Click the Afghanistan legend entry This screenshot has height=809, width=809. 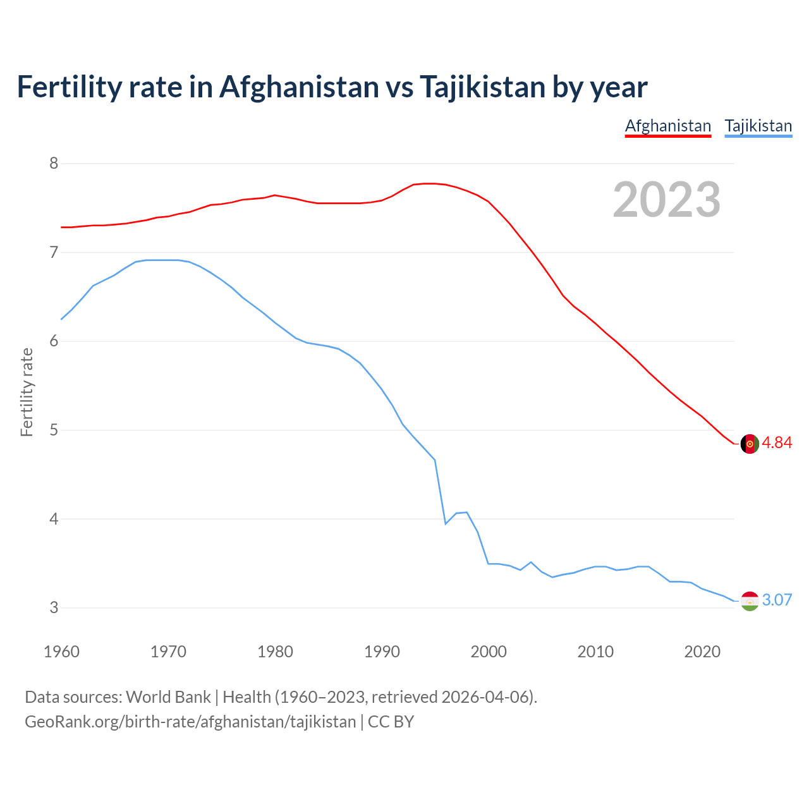click(668, 126)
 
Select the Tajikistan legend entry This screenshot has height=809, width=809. click(758, 126)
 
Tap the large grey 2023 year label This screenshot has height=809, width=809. click(666, 200)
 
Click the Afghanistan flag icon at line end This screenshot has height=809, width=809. click(749, 444)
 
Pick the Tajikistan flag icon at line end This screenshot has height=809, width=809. click(749, 601)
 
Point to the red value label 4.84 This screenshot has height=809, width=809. click(777, 443)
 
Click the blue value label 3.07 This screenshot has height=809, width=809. click(777, 600)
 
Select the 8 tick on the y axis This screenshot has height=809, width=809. click(54, 164)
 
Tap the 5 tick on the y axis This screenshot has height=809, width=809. click(54, 430)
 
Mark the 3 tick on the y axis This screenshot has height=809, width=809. click(54, 608)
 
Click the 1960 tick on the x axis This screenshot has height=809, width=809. click(61, 652)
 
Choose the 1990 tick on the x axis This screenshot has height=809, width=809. click(382, 652)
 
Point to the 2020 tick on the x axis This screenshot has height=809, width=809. click(702, 652)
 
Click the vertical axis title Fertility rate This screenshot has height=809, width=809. click(27, 392)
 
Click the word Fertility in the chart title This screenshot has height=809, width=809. click(69, 87)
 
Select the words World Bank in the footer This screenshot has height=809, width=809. click(168, 697)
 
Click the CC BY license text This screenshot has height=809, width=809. click(391, 722)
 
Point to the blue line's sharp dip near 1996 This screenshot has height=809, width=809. click(446, 523)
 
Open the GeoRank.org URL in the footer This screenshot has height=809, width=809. click(190, 722)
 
